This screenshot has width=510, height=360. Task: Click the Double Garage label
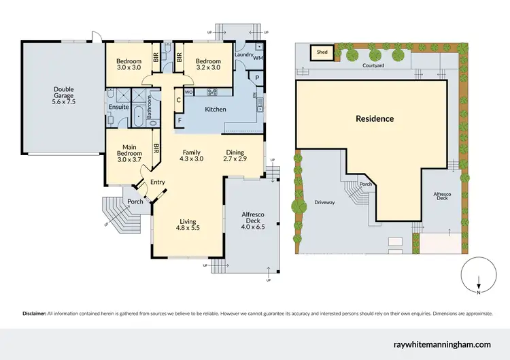pos(64,93)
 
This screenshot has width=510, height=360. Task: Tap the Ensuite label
pos(115,107)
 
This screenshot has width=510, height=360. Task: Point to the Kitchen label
pos(216,109)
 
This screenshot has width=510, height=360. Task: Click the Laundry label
pos(243,54)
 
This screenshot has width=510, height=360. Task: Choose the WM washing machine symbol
pos(257,59)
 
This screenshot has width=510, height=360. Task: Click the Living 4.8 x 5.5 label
pos(188,225)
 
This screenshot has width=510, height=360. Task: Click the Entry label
pos(158,182)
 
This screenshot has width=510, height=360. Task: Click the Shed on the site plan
pos(320,51)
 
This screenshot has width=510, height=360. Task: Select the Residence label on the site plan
pos(375,118)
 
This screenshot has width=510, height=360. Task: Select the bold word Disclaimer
pos(33,314)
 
